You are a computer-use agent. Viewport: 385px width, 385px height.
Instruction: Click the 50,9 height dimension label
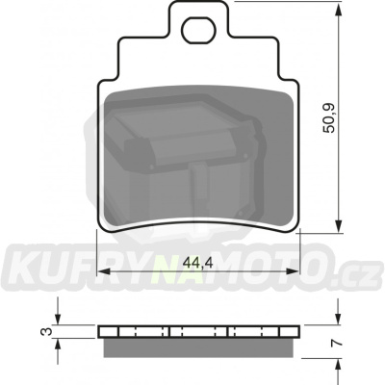tap(329, 118)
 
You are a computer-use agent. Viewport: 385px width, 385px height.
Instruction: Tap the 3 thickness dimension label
tap(47, 332)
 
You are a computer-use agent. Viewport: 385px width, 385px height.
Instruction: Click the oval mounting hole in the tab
tap(198, 30)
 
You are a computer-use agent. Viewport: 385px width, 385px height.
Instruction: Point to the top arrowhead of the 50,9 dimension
tap(338, 9)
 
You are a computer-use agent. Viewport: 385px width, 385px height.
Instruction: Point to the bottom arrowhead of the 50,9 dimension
tap(338, 225)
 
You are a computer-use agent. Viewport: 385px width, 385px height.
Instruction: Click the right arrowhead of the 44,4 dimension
tap(292, 271)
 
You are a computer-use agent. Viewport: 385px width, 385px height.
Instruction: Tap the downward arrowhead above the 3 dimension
tap(58, 319)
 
